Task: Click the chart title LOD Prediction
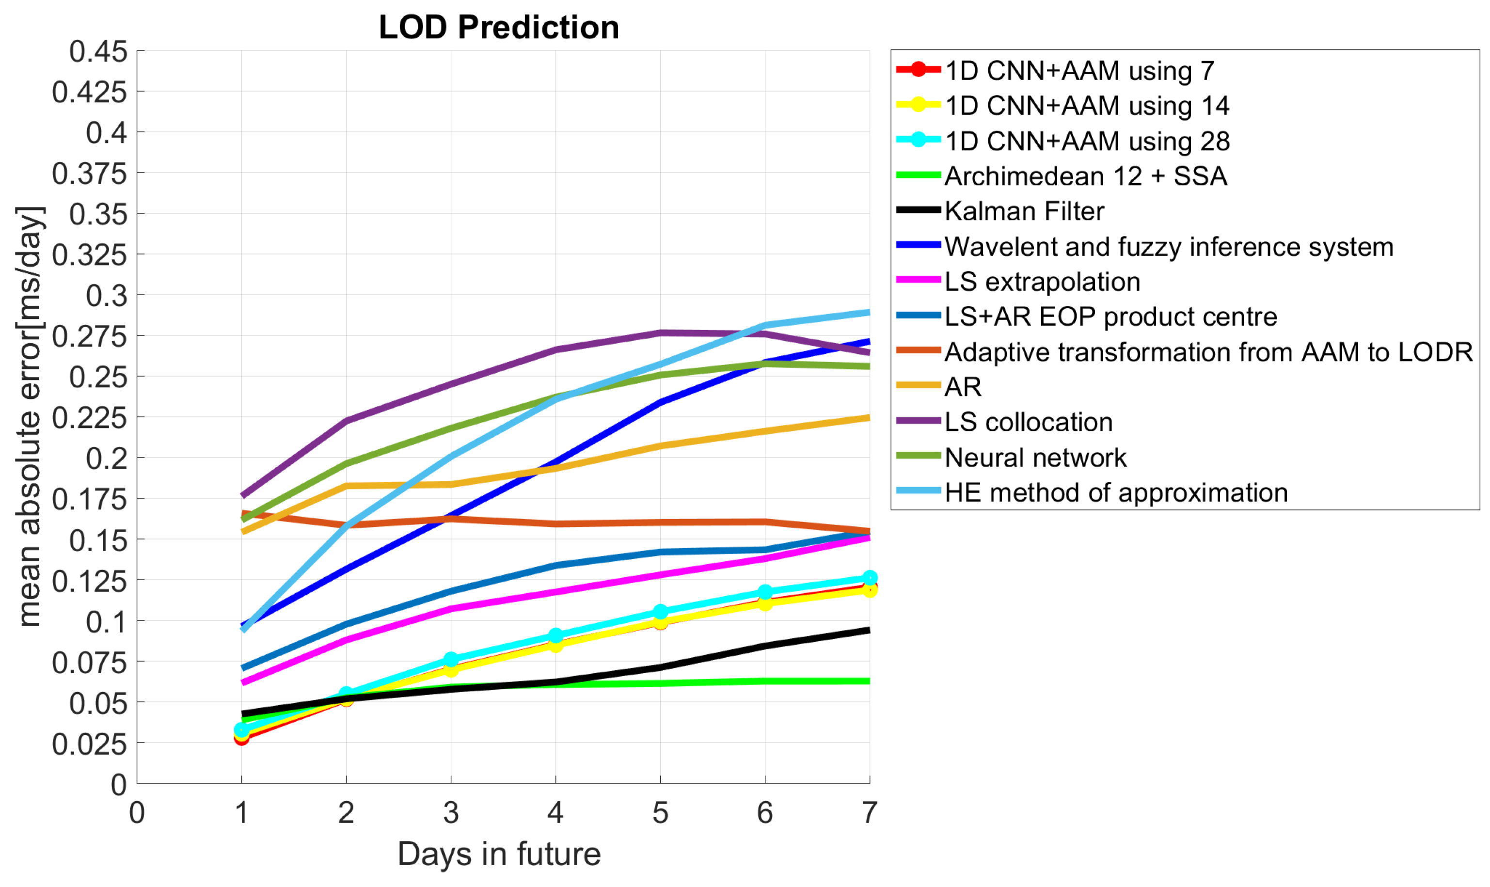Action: pyautogui.click(x=499, y=28)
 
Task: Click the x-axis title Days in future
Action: pyautogui.click(x=499, y=854)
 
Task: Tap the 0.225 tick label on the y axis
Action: pyautogui.click(x=90, y=418)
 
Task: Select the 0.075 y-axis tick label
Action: pyautogui.click(x=90, y=663)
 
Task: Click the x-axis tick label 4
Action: pyautogui.click(x=555, y=813)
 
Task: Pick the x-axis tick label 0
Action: pyautogui.click(x=137, y=813)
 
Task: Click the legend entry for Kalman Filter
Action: pyautogui.click(x=1024, y=211)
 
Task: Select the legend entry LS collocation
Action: pyautogui.click(x=1028, y=422)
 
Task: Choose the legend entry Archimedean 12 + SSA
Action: pyautogui.click(x=1085, y=176)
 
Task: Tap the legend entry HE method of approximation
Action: pyautogui.click(x=1115, y=492)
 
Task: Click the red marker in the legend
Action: pyautogui.click(x=919, y=69)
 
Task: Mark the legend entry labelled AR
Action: pyautogui.click(x=962, y=387)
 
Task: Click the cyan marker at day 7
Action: pyautogui.click(x=870, y=578)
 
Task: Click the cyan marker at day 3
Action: pyautogui.click(x=451, y=659)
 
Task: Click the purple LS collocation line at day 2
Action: pyautogui.click(x=346, y=421)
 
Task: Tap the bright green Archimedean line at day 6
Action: pyautogui.click(x=765, y=681)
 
